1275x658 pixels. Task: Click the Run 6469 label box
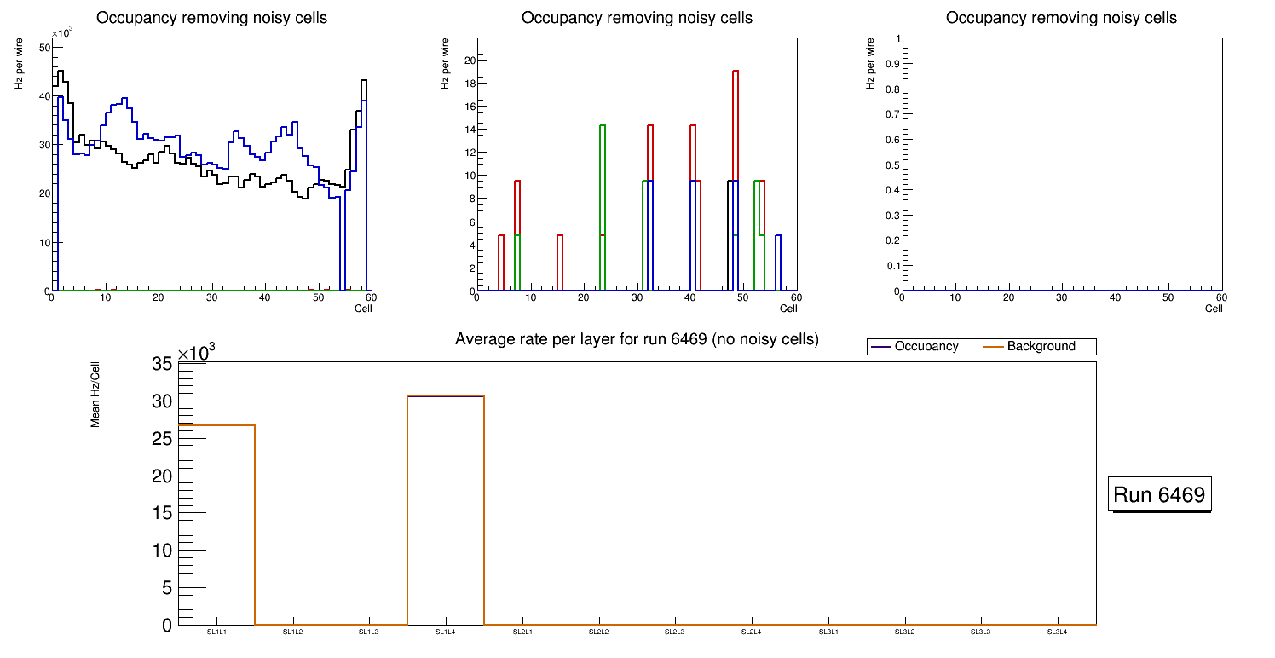pyautogui.click(x=1159, y=494)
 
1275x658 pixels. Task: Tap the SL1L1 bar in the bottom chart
pyautogui.click(x=216, y=524)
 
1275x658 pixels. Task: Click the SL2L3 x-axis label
pyautogui.click(x=675, y=632)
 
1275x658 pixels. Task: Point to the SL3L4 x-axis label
pyautogui.click(x=1057, y=632)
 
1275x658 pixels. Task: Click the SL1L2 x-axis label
pyautogui.click(x=293, y=632)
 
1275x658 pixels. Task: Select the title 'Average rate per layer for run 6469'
pyautogui.click(x=637, y=339)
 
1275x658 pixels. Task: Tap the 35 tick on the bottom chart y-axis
pyautogui.click(x=163, y=365)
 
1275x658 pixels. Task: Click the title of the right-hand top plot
pyautogui.click(x=1061, y=18)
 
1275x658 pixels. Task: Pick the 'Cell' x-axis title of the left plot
pyautogui.click(x=363, y=309)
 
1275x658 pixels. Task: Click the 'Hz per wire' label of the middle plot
pyautogui.click(x=445, y=64)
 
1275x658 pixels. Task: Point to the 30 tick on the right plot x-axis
pyautogui.click(x=1061, y=298)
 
